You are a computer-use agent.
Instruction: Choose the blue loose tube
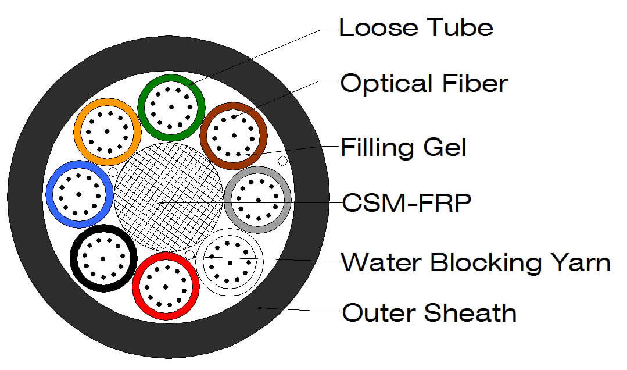pos(50,193)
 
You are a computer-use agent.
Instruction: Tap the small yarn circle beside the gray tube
pos(282,161)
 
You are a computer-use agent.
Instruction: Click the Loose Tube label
pos(416,27)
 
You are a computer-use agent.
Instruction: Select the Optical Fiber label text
pos(424,84)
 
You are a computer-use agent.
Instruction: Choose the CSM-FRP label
pos(406,204)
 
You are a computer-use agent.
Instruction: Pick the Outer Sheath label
pos(429,313)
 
